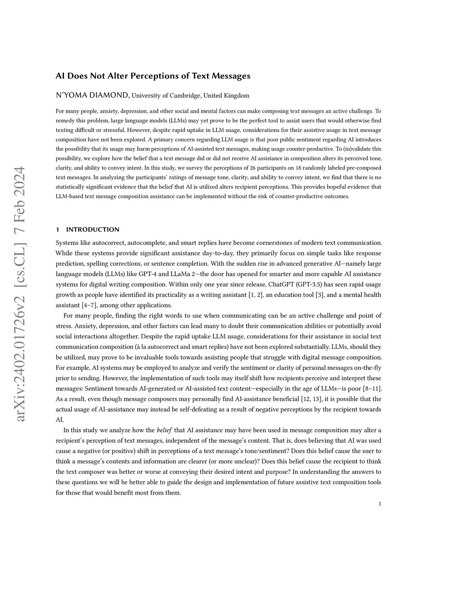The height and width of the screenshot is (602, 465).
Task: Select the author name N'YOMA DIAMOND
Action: (93, 95)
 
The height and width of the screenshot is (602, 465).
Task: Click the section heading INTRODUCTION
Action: (93, 229)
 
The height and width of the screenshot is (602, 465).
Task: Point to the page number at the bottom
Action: (380, 503)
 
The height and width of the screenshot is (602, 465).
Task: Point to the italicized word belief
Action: (164, 430)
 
